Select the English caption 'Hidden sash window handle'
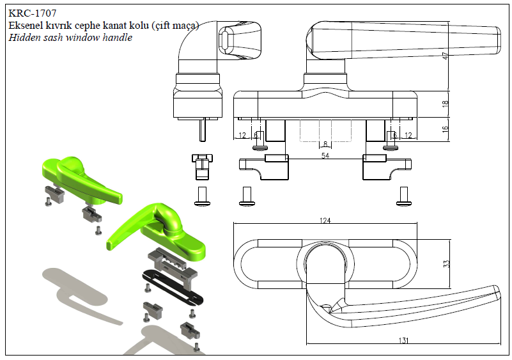(x=70, y=38)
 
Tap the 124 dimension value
(x=325, y=221)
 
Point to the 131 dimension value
(x=403, y=341)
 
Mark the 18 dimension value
(x=446, y=104)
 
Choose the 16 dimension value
(x=446, y=128)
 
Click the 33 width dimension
(x=447, y=263)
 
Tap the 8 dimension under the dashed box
(x=325, y=144)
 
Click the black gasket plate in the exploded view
(x=171, y=286)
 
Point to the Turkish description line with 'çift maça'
(x=104, y=26)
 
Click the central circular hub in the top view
(x=325, y=263)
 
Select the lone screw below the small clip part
(x=201, y=196)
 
